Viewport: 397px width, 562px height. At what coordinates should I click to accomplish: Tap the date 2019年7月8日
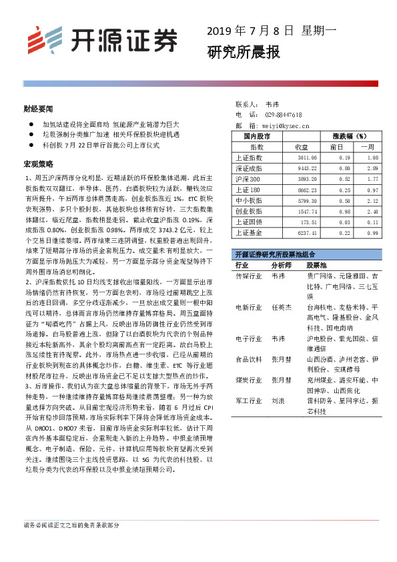tap(250, 31)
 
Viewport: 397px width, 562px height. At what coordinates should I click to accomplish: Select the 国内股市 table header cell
tap(257, 135)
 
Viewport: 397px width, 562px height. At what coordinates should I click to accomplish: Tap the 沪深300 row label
tap(248, 179)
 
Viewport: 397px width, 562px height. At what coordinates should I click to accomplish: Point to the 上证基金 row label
tap(249, 232)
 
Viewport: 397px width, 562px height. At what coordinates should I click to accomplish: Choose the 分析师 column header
tap(283, 265)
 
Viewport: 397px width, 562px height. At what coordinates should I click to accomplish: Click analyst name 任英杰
tap(282, 308)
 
